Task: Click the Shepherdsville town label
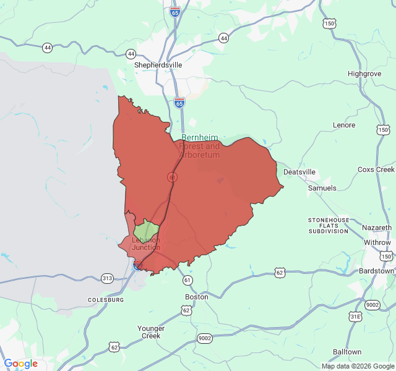[x=158, y=64]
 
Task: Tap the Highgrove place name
[x=364, y=74]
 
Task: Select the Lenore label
[x=344, y=125]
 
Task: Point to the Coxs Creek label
[x=376, y=169]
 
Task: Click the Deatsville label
[x=299, y=172]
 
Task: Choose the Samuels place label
[x=322, y=187]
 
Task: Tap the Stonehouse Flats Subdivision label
[x=329, y=226]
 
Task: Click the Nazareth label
[x=377, y=228]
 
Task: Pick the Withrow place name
[x=377, y=242]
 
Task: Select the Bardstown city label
[x=376, y=271]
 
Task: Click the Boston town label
[x=197, y=297]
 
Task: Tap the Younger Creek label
[x=151, y=332]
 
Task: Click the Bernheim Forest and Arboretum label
[x=200, y=146]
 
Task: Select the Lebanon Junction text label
[x=145, y=244]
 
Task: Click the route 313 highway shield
[x=108, y=278]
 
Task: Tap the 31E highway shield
[x=355, y=317]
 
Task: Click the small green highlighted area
[x=147, y=228]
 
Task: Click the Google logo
[x=21, y=364]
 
